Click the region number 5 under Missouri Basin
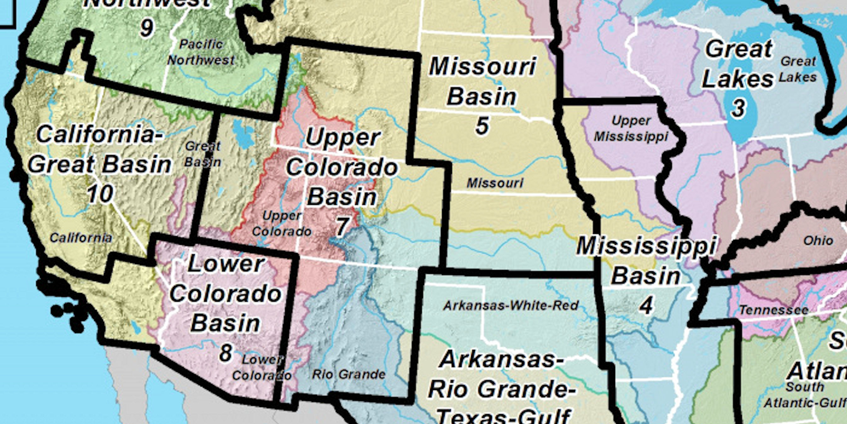click(x=482, y=126)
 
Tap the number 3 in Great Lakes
click(x=738, y=108)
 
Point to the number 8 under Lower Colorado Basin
click(x=226, y=353)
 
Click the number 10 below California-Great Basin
click(x=100, y=194)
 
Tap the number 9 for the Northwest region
click(x=147, y=28)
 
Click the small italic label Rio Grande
click(x=349, y=374)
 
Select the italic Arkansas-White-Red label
click(x=511, y=306)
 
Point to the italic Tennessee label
click(x=773, y=310)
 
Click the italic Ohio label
click(x=818, y=241)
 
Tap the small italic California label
click(x=81, y=238)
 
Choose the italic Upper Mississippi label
click(x=631, y=129)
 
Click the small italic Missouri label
click(x=495, y=183)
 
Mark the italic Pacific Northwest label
click(x=201, y=52)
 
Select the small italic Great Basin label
click(x=203, y=154)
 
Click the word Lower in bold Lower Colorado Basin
click(x=226, y=264)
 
